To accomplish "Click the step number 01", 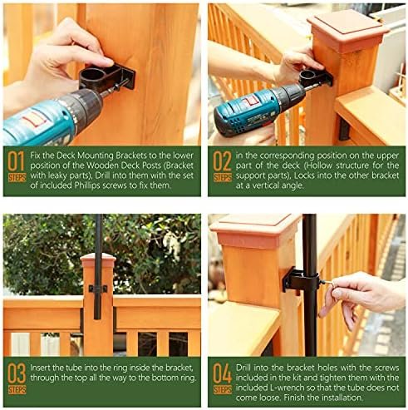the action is [16, 161].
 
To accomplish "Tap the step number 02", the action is [222, 161].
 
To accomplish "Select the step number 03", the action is [17, 373].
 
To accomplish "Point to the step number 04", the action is [222, 373].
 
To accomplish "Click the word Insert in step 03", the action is [40, 368].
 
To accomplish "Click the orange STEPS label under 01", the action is [17, 178].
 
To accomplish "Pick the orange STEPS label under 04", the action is [223, 390].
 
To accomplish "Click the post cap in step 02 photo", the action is [348, 31].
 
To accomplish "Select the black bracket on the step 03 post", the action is [98, 288].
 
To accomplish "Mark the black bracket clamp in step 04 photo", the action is [301, 280].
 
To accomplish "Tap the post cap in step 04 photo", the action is [255, 231].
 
